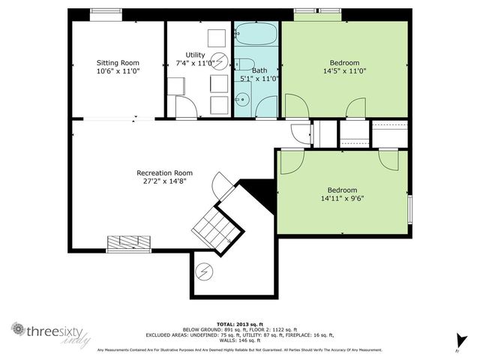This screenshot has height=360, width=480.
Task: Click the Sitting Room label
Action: (118, 62)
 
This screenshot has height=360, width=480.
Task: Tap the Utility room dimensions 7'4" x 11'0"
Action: (195, 64)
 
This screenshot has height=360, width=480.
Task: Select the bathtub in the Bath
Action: (256, 34)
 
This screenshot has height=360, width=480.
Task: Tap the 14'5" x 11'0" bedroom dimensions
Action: (344, 71)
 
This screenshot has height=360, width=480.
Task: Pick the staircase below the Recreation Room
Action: (211, 223)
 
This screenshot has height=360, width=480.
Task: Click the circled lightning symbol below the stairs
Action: (203, 271)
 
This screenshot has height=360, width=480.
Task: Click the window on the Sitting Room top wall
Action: (106, 11)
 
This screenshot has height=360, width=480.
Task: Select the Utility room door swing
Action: (185, 108)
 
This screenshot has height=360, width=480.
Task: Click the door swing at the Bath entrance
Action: (266, 109)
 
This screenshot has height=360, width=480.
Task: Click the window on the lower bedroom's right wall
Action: (409, 210)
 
